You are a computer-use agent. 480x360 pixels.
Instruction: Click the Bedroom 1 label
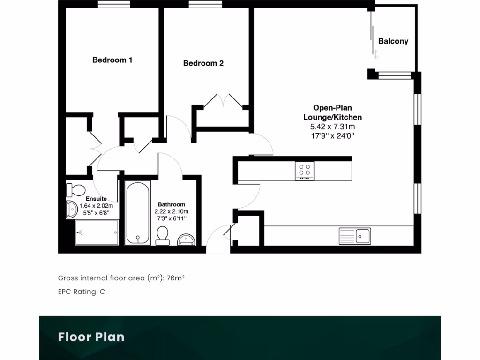(112, 60)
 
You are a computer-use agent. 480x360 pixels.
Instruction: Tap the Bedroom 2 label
(203, 63)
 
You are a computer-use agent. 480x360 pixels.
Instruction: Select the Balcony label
(393, 41)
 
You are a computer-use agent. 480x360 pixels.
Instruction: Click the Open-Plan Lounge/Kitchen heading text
(332, 112)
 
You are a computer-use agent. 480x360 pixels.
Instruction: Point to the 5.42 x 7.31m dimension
(332, 127)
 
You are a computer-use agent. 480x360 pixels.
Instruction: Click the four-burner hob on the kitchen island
(304, 171)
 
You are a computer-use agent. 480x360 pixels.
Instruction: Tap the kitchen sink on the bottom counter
(355, 236)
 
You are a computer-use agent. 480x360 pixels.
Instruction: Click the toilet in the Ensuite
(75, 190)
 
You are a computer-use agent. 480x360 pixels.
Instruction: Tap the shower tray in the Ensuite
(97, 232)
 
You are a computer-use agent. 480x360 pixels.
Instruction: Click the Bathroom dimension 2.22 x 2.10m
(171, 211)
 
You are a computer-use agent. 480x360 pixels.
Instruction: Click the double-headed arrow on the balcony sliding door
(375, 54)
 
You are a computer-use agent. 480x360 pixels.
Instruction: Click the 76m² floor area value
(175, 278)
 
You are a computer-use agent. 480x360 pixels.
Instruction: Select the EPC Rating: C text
(82, 292)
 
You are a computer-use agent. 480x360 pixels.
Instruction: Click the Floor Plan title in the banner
(91, 337)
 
